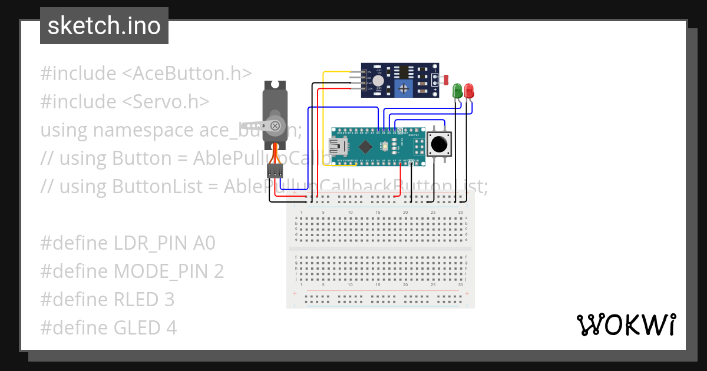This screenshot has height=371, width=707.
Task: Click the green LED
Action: tap(457, 91)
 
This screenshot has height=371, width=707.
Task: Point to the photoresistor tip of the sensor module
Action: tap(445, 78)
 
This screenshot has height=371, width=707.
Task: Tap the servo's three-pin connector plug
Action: tap(275, 171)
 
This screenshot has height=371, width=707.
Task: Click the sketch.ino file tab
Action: tap(104, 26)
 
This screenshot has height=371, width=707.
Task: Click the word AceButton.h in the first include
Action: tap(187, 74)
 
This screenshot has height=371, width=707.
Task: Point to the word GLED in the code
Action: tap(136, 327)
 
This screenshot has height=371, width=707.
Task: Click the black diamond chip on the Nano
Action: tap(365, 145)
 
